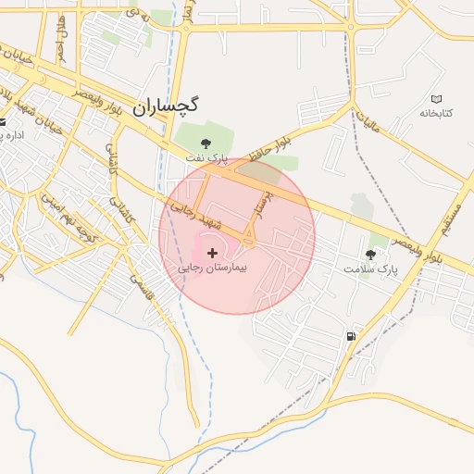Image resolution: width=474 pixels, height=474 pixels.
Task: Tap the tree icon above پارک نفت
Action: coord(206,143)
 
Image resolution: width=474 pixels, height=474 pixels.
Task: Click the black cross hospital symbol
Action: coord(213,252)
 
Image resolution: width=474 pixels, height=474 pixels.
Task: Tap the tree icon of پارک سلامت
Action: coord(371,255)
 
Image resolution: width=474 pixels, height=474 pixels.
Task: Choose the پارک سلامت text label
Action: coord(369,268)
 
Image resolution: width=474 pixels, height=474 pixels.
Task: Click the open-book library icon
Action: coord(436,99)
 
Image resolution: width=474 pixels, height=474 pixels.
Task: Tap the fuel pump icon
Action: coord(350,336)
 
